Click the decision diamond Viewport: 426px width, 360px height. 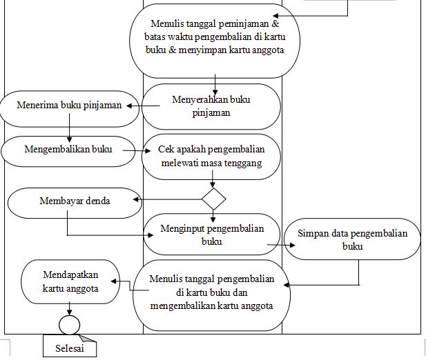click(x=214, y=199)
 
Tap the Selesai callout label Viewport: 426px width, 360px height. click(x=69, y=348)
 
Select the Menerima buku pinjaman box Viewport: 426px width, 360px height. click(x=69, y=106)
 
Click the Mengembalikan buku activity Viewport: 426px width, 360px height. click(x=68, y=148)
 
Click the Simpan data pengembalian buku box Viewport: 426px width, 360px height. click(x=352, y=239)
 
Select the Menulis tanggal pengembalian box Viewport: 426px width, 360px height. click(x=213, y=292)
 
